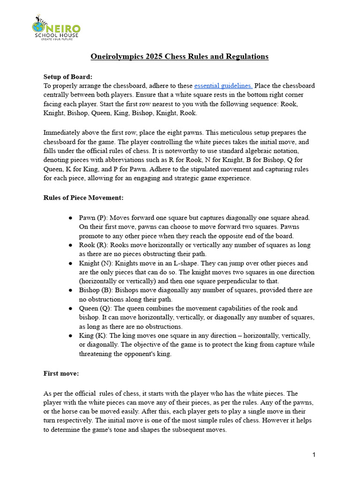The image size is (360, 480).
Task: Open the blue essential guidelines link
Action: point(223,86)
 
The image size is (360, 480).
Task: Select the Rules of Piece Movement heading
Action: point(83,198)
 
